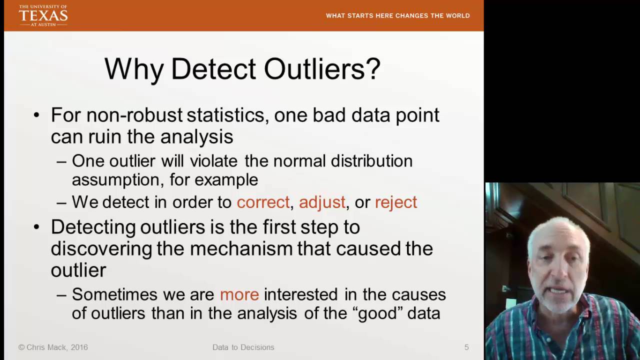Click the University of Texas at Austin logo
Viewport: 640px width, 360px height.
pyautogui.click(x=43, y=15)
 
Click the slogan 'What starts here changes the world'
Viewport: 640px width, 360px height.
pyautogui.click(x=397, y=15)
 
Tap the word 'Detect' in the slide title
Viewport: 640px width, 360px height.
pyautogui.click(x=213, y=69)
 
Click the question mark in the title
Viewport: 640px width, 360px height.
pyautogui.click(x=372, y=69)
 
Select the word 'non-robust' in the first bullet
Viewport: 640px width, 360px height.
pyautogui.click(x=134, y=115)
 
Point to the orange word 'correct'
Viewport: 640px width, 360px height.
pyautogui.click(x=263, y=202)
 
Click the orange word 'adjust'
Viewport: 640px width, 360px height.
pyautogui.click(x=322, y=202)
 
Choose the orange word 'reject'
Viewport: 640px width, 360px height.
pyautogui.click(x=395, y=202)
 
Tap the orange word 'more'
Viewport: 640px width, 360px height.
pyautogui.click(x=239, y=294)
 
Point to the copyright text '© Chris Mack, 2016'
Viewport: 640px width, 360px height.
pyautogui.click(x=53, y=347)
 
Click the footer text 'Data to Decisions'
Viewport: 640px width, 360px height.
pyautogui.click(x=243, y=347)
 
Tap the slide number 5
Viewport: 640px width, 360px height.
pyautogui.click(x=466, y=347)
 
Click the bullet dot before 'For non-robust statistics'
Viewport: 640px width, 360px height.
pyautogui.click(x=36, y=115)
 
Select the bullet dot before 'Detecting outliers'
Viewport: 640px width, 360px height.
pyautogui.click(x=36, y=227)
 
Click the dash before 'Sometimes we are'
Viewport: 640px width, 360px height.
pyautogui.click(x=61, y=295)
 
